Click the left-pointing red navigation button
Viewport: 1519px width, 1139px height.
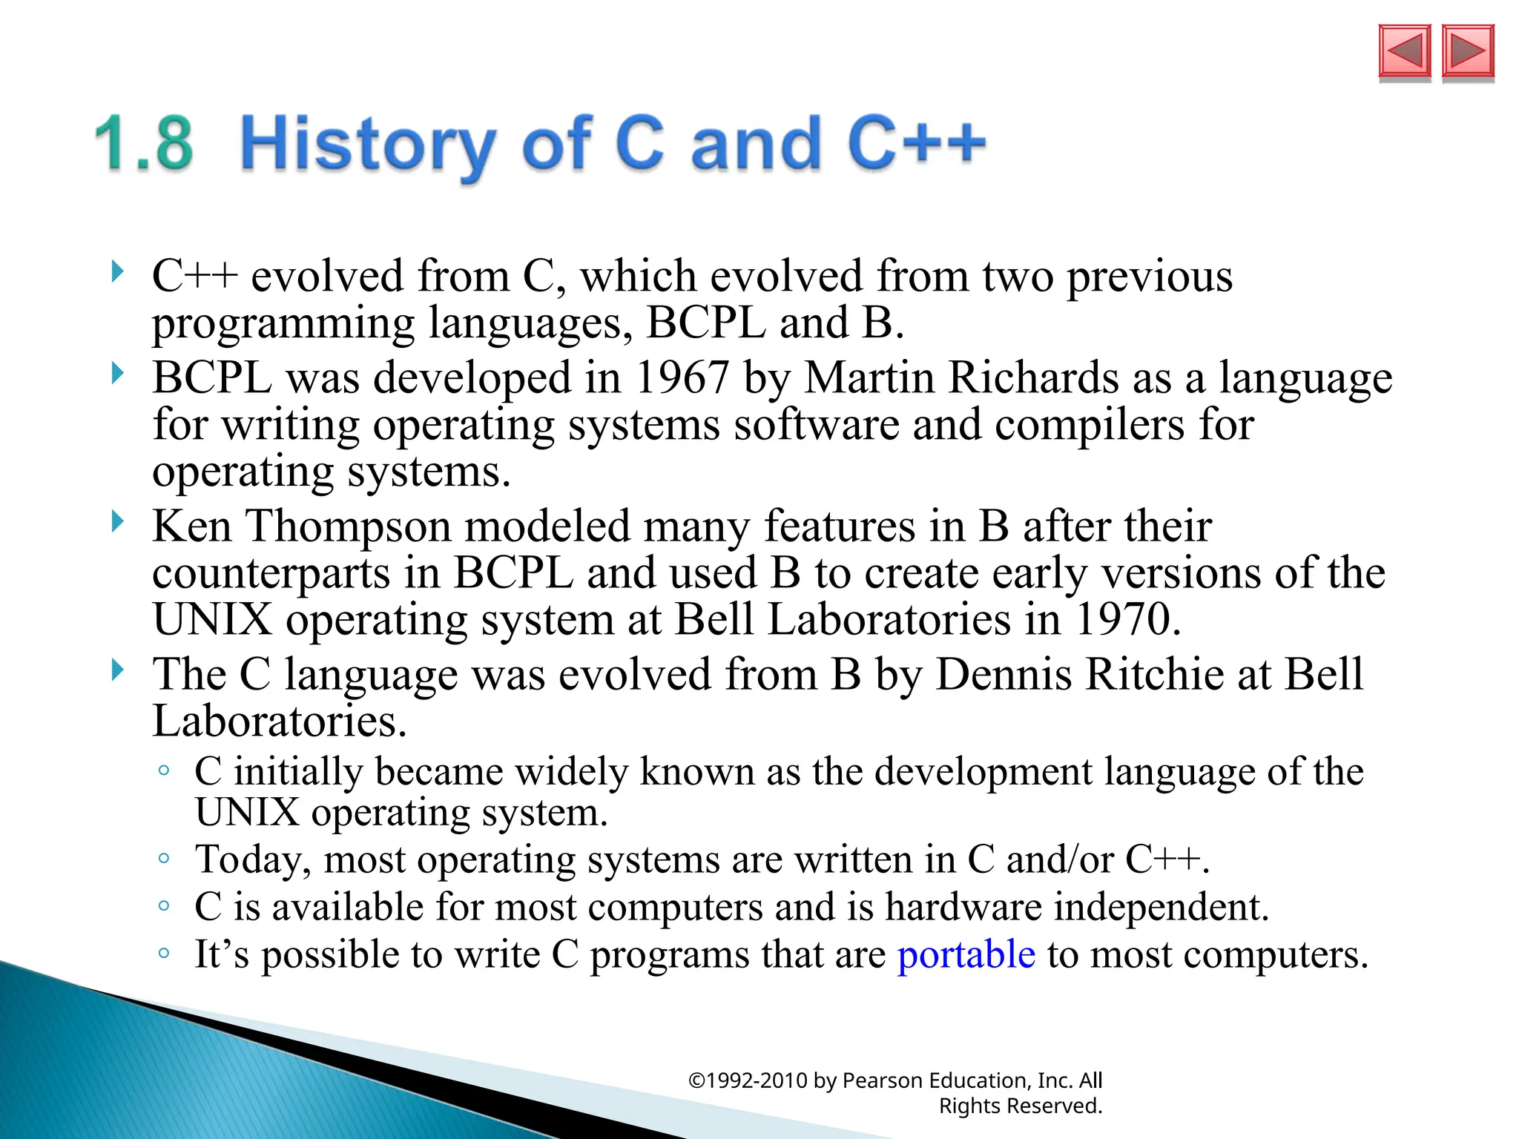point(1404,51)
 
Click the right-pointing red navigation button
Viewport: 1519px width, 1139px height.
point(1468,51)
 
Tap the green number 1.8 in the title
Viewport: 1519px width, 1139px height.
point(145,144)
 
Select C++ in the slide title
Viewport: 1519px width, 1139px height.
point(917,142)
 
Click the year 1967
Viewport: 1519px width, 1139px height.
point(682,378)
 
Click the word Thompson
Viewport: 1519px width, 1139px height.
point(349,526)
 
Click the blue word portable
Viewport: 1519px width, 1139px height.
point(966,954)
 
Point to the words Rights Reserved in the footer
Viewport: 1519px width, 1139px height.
point(1020,1106)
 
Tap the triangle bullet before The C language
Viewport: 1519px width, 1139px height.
point(117,670)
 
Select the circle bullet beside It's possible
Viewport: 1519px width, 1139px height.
point(164,953)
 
